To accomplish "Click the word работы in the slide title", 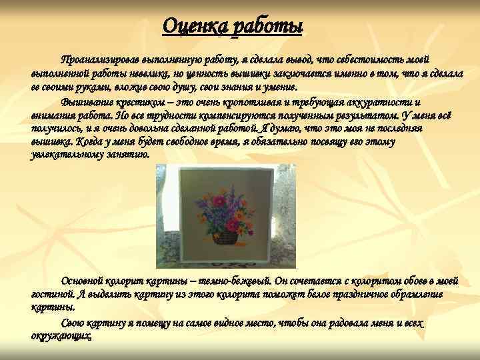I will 267,26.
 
